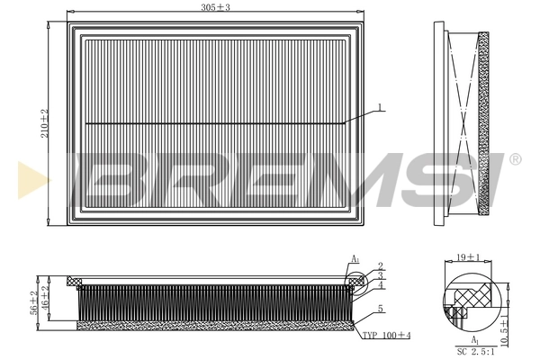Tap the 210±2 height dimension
click(45, 122)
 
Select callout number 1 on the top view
click(380, 108)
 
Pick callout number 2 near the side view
click(381, 265)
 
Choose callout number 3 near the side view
click(381, 275)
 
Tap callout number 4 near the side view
click(381, 285)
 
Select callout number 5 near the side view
click(381, 309)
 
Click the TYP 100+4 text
click(386, 335)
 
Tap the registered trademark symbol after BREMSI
click(515, 159)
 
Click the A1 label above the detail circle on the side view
click(355, 259)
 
